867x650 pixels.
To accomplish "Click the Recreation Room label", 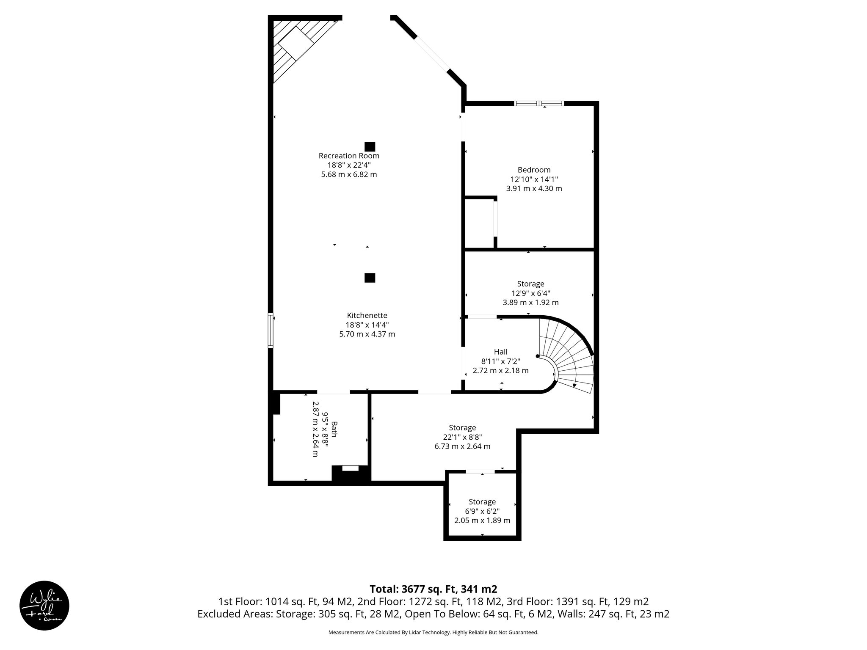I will click(349, 156).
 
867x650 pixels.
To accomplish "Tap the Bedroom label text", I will click(534, 170).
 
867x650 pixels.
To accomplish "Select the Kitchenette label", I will click(367, 315).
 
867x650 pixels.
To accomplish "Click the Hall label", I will click(500, 352).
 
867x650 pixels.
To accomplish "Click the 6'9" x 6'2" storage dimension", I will click(482, 511).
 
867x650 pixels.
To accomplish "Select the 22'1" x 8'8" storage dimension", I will click(462, 437).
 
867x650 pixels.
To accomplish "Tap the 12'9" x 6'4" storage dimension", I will click(530, 293).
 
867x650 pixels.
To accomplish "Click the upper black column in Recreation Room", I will click(370, 146).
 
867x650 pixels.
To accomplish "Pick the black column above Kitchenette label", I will click(370, 278).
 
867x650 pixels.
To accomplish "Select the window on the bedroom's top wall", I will click(539, 103).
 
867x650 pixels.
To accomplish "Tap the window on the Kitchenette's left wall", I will click(271, 331).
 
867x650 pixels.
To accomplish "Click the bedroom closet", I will click(479, 223).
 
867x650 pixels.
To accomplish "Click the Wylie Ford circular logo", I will click(44, 605).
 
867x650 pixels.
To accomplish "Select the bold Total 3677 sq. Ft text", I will click(433, 589).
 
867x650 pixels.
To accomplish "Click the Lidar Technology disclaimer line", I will click(433, 632).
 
